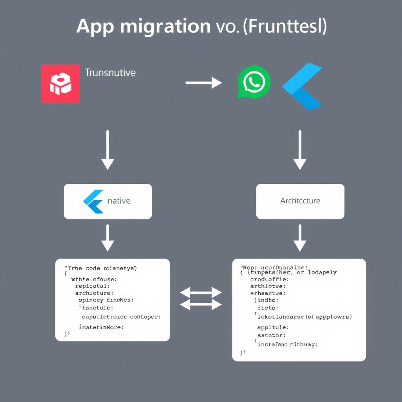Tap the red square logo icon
tap(60, 84)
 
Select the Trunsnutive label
tap(110, 73)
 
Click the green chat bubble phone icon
tap(254, 82)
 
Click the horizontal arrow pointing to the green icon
tap(203, 82)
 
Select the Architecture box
tap(300, 201)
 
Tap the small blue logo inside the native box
tap(94, 201)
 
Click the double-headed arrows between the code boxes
tap(201, 298)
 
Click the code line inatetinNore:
tap(101, 327)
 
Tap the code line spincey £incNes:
tap(106, 300)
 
